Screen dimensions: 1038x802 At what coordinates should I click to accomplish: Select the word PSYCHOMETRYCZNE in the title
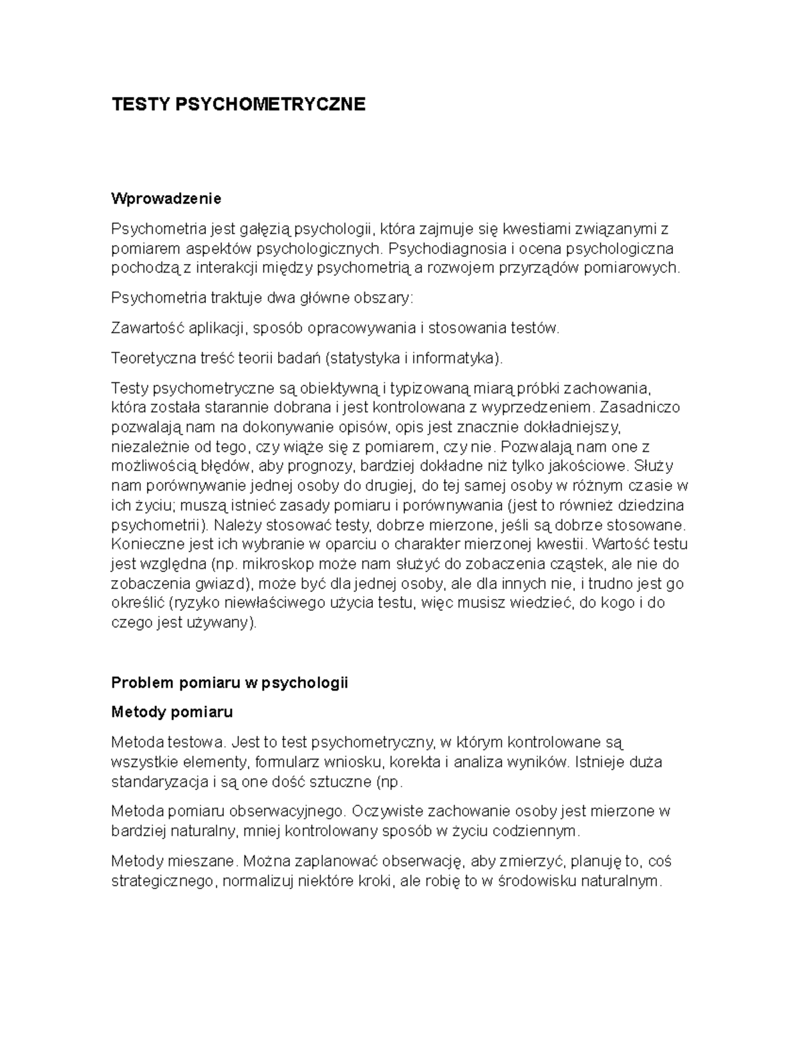270,104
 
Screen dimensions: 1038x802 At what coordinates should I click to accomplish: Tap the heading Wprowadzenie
166,199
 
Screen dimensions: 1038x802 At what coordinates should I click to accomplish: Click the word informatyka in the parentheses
454,358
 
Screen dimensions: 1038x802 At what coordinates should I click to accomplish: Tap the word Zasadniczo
640,407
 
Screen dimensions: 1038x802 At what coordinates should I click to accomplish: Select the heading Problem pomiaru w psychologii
230,683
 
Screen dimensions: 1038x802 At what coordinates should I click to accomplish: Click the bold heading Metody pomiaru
172,712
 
